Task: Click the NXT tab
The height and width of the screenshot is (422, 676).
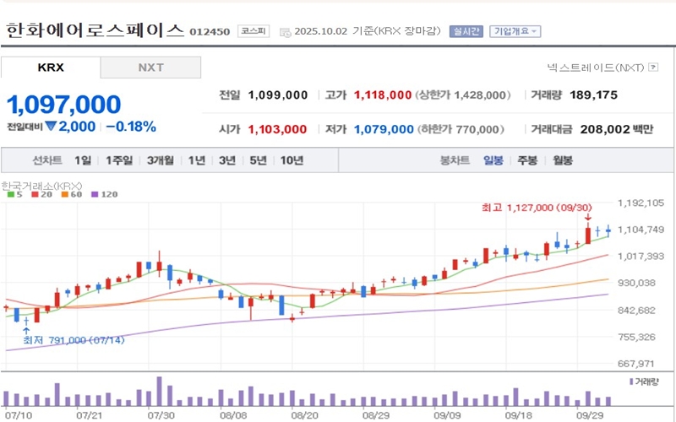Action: pyautogui.click(x=151, y=68)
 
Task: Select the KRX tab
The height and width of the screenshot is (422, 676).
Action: pyautogui.click(x=51, y=68)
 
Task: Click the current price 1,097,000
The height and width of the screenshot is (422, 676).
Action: pyautogui.click(x=64, y=104)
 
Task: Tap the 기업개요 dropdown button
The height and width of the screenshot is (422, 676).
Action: pyautogui.click(x=515, y=31)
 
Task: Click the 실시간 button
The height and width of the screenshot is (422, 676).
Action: pyautogui.click(x=466, y=31)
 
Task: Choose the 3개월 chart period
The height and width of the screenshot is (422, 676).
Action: pyautogui.click(x=160, y=160)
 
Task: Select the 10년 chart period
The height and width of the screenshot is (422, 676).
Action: pyautogui.click(x=292, y=160)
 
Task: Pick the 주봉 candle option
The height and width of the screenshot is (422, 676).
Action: pyautogui.click(x=527, y=160)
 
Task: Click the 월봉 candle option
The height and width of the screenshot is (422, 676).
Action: pyautogui.click(x=562, y=160)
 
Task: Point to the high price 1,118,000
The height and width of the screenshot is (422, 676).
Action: pyautogui.click(x=383, y=95)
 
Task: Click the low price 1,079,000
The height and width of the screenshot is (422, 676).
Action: pyautogui.click(x=383, y=129)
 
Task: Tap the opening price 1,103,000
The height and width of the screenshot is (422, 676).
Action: pyautogui.click(x=277, y=129)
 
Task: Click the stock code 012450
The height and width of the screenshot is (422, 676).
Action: pyautogui.click(x=210, y=32)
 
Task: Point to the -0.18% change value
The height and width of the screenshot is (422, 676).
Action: pyautogui.click(x=131, y=127)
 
